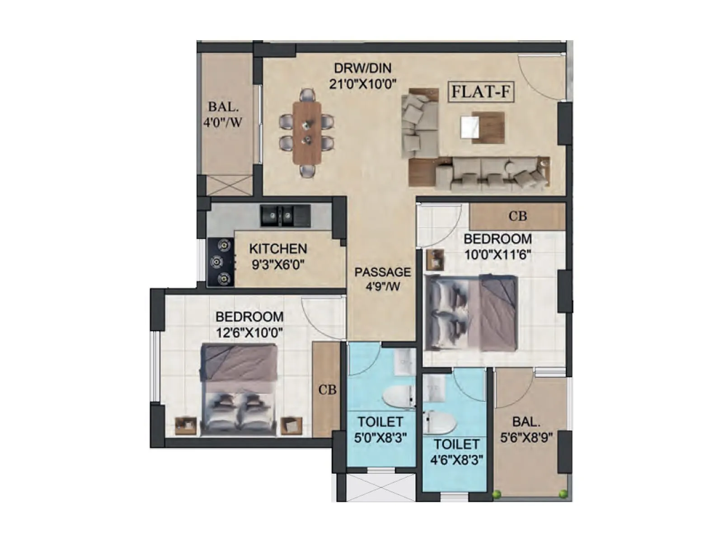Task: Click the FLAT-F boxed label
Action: [481, 92]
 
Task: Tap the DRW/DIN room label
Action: [362, 68]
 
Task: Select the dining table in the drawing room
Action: [307, 133]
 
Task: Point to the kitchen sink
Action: [285, 216]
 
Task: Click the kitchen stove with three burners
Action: [220, 262]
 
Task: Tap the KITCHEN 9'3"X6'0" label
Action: [278, 256]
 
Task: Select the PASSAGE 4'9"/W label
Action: [383, 279]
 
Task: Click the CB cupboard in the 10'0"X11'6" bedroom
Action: [517, 216]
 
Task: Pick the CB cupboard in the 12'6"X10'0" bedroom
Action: [327, 389]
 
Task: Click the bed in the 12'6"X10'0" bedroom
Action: [239, 389]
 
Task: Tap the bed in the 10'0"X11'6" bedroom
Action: [471, 313]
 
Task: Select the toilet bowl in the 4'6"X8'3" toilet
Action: [439, 422]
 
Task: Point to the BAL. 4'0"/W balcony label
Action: [223, 114]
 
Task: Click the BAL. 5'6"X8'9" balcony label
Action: [526, 430]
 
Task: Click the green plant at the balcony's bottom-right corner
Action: [563, 494]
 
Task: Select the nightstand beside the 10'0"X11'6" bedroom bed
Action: [435, 260]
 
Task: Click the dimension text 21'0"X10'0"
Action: [362, 84]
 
